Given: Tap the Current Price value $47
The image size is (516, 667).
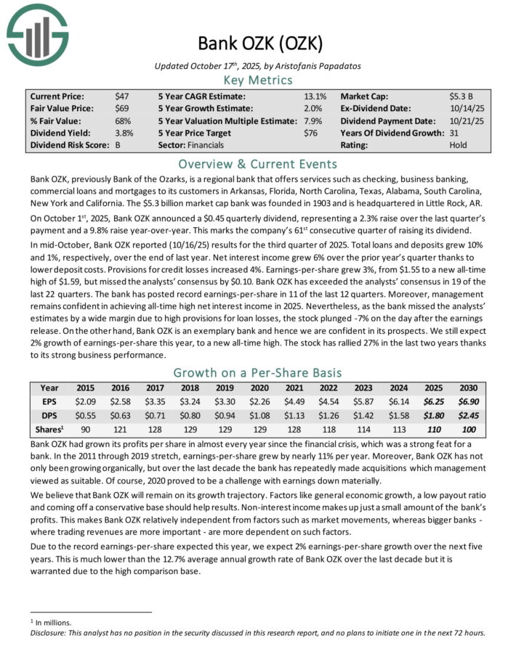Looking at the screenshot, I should tap(121, 96).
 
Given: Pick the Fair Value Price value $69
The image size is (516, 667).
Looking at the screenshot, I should tap(121, 108).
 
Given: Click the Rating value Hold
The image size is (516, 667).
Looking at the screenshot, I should tap(459, 145).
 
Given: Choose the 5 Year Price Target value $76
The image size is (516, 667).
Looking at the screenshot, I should tap(311, 133).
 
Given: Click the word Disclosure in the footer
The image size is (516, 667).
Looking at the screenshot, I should tap(45, 632).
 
